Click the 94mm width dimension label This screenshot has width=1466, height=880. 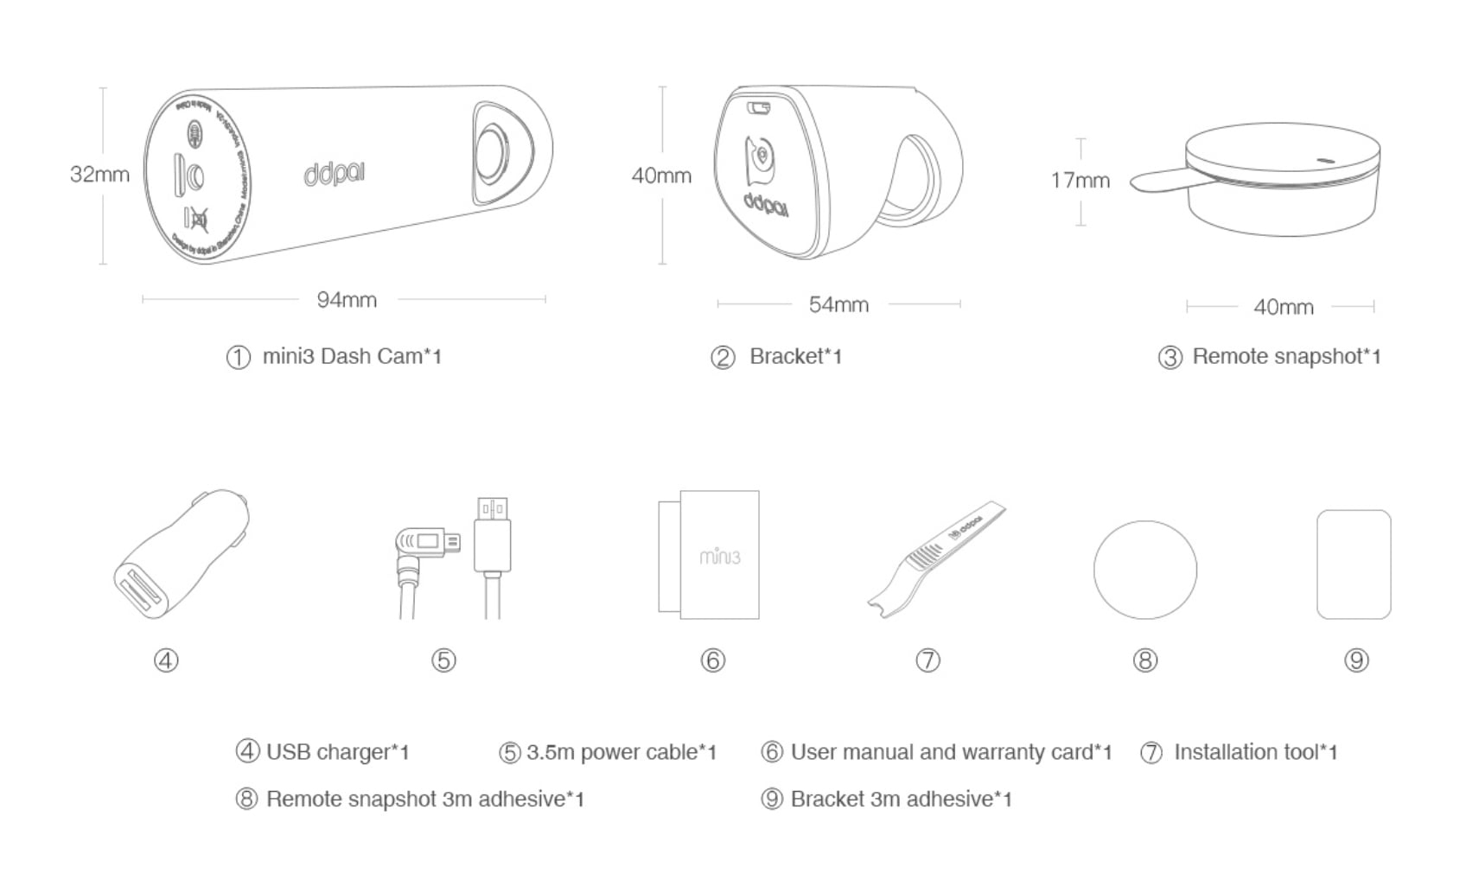tap(346, 300)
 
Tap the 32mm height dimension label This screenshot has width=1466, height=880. tap(99, 174)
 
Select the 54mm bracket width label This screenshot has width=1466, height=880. tap(838, 304)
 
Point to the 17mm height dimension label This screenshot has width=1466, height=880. tap(1080, 180)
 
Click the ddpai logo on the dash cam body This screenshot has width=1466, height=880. tap(334, 173)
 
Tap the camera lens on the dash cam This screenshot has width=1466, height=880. tap(493, 153)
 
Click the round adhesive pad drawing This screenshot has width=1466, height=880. tap(1144, 569)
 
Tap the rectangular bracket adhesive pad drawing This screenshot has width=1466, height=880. tap(1353, 564)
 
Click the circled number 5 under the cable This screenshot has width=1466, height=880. tap(443, 660)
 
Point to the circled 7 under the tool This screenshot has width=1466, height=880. tap(927, 660)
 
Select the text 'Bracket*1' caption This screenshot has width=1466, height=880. tap(795, 356)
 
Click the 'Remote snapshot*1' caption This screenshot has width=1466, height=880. tap(1286, 356)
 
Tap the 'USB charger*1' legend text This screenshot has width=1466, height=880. tap(337, 752)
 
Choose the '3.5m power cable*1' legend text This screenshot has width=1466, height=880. tap(621, 752)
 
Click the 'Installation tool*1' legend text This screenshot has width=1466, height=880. tap(1255, 752)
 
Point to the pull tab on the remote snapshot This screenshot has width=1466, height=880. tap(1158, 180)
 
